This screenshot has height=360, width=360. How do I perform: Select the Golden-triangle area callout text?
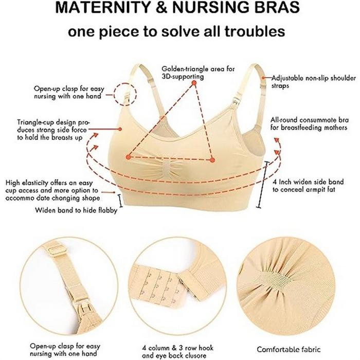191,72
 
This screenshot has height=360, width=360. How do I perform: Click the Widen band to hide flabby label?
76,210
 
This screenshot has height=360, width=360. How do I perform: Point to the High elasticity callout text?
53,190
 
